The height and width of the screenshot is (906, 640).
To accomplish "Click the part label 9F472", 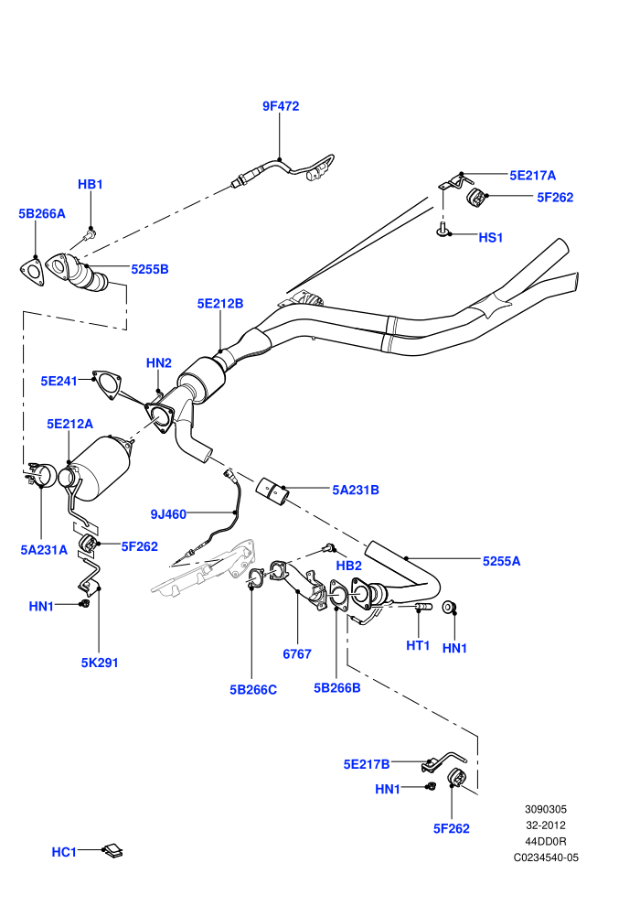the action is click(x=281, y=106).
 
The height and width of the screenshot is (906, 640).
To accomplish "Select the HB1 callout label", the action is click(x=90, y=184).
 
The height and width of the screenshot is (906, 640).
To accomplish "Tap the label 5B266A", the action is click(x=42, y=213).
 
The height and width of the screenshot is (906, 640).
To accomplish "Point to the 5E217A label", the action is click(x=532, y=175).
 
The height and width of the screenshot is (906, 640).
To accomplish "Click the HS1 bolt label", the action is click(x=491, y=237).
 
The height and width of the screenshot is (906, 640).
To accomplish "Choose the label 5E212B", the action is click(x=219, y=303).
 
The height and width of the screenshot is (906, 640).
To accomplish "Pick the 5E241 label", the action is click(x=59, y=381).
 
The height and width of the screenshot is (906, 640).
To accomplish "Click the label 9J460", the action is click(x=168, y=513).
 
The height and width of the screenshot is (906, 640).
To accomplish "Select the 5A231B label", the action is click(x=356, y=490).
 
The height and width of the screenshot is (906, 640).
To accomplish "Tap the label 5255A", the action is click(x=502, y=561).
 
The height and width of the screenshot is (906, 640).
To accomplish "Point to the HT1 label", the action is click(x=418, y=645).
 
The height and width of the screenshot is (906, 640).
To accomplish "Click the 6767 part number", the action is click(x=297, y=654).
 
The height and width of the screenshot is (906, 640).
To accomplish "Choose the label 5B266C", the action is click(x=253, y=689).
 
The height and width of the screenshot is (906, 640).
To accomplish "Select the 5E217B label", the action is click(x=367, y=764).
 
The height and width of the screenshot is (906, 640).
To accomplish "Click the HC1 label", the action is click(x=64, y=852).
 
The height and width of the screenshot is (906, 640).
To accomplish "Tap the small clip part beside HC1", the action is click(x=112, y=850).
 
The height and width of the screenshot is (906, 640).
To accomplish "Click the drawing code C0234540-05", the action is click(x=546, y=857).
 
